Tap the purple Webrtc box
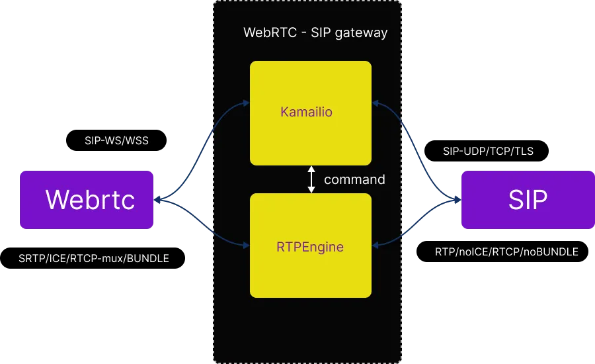pos(87,200)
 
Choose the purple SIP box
pos(527,200)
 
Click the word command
pos(354,179)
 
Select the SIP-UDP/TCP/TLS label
pos(488,152)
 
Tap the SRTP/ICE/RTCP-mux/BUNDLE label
pos(94,259)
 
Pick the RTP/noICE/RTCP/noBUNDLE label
pos(506,252)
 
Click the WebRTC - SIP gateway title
pos(315,32)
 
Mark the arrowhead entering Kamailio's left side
pos(246,103)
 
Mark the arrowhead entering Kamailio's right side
pos(375,103)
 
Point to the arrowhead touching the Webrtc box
pos(157,199)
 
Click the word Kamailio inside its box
pos(306,112)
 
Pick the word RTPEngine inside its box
pos(310,248)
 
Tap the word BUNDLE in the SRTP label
pos(149,259)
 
